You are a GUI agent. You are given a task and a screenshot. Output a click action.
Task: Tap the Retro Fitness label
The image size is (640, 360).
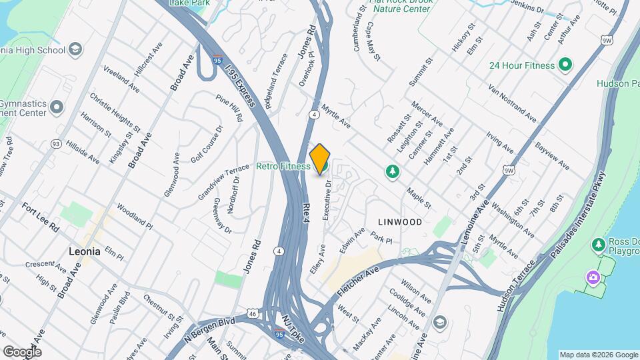(x=283, y=166)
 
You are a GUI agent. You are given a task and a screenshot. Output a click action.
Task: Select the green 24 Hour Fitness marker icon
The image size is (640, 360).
(x=566, y=65)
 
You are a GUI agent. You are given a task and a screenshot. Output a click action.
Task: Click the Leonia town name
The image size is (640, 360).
(x=84, y=251)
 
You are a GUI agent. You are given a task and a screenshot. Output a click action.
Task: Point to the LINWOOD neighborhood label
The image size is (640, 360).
(x=400, y=221)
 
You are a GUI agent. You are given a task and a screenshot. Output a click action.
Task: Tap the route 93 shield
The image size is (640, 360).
(x=55, y=144)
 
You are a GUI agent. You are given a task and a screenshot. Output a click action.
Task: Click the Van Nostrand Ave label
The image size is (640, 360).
(x=512, y=103)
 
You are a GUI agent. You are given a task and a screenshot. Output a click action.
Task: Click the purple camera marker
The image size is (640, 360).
(x=592, y=277)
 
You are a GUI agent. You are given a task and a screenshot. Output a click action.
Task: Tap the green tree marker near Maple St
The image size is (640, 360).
(x=393, y=172)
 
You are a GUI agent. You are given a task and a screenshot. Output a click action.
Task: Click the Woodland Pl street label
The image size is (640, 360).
(x=134, y=217)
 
